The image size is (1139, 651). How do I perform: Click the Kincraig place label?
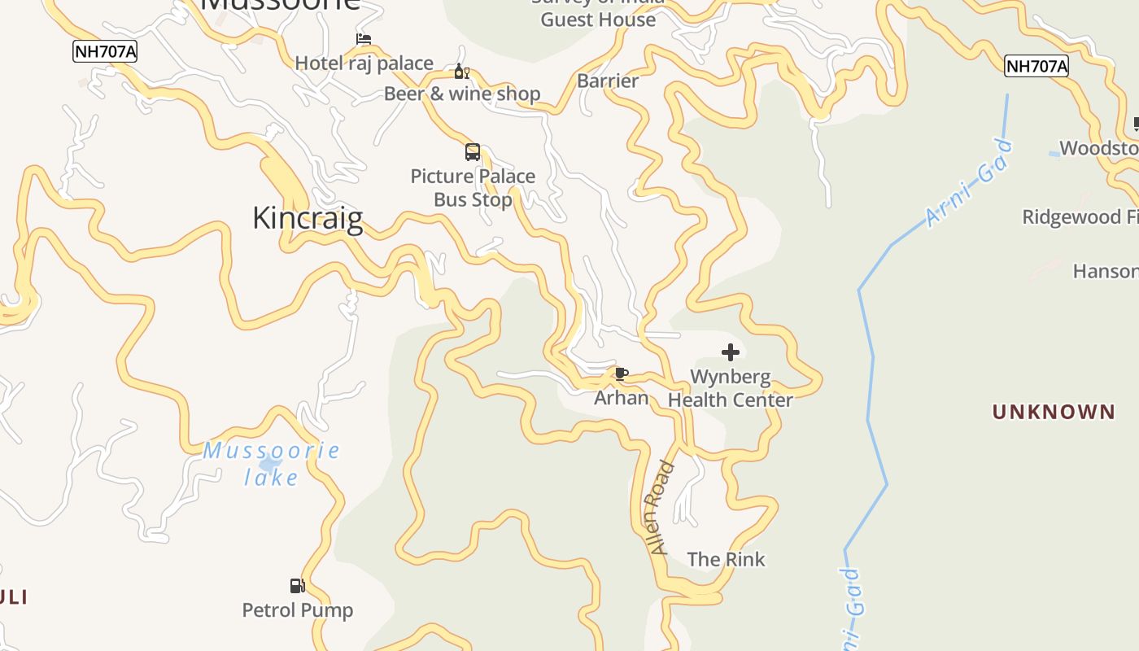tap(308, 218)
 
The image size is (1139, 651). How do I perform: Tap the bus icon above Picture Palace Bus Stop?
tap(473, 152)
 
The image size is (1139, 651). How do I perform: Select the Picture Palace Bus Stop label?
tap(473, 188)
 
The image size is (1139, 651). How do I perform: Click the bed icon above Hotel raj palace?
tap(364, 39)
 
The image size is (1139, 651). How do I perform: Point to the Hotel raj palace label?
tap(364, 63)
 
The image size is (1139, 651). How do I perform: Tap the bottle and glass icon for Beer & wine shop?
tap(462, 72)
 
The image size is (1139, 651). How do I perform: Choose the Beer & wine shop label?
tap(462, 94)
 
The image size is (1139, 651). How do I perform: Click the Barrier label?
tap(608, 81)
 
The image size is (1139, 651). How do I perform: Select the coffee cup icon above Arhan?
tap(622, 374)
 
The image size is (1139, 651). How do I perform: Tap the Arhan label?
tap(622, 398)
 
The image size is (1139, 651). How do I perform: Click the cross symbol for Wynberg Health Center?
tap(731, 352)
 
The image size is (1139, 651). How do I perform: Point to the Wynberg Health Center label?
tap(731, 388)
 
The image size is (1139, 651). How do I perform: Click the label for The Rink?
tap(727, 559)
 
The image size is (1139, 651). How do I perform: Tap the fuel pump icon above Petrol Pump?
tap(298, 586)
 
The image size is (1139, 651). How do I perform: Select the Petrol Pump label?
tap(298, 609)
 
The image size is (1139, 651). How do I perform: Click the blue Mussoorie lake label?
tap(271, 464)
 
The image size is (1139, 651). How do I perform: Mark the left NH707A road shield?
tap(105, 51)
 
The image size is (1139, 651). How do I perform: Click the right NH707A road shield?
tap(1036, 66)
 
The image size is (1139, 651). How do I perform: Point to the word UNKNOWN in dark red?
tap(1054, 412)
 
